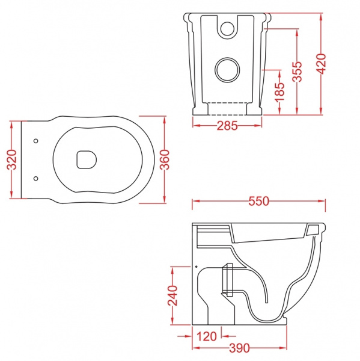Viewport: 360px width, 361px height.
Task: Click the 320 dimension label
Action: pyautogui.click(x=12, y=159)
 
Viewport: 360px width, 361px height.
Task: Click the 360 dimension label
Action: pyautogui.click(x=165, y=159)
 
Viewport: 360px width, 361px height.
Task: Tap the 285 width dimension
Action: pyautogui.click(x=227, y=126)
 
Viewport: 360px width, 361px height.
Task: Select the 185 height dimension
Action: pyautogui.click(x=279, y=91)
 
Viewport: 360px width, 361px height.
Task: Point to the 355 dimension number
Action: pyautogui.click(x=297, y=72)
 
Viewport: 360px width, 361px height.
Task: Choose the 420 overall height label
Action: pyautogui.click(x=322, y=64)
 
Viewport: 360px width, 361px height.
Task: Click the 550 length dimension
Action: pyautogui.click(x=259, y=201)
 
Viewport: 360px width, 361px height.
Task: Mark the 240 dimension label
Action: pyautogui.click(x=172, y=295)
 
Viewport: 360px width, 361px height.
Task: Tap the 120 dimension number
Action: pyautogui.click(x=207, y=336)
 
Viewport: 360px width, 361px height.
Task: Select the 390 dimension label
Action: pyautogui.click(x=239, y=348)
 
